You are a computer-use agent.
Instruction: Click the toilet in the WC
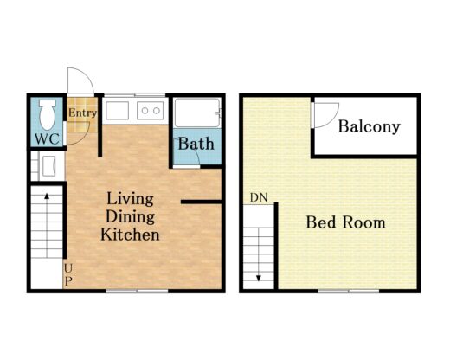coord(48,114)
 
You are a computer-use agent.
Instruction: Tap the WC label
coord(48,139)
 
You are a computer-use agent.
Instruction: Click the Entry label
coord(82,112)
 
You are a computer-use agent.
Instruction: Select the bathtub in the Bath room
coord(197,112)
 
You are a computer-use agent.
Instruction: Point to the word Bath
coord(196,144)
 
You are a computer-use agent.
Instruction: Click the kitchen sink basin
coord(117,111)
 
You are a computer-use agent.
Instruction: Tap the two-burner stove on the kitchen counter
coord(150,111)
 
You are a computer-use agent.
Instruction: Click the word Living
coord(130,199)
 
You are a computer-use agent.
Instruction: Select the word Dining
coord(131,217)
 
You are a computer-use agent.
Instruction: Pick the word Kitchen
coord(130,235)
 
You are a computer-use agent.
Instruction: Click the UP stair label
coord(68,274)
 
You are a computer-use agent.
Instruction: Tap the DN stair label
coord(259,197)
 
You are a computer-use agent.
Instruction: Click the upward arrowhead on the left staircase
coord(47,196)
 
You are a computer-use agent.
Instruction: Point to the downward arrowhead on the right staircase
coord(259,279)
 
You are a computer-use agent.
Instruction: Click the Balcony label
coord(370,126)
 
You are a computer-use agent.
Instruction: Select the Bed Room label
coord(345,222)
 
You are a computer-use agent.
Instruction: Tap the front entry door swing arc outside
coord(86,75)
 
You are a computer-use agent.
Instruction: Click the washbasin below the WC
coord(48,166)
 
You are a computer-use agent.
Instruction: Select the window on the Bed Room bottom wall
coord(349,291)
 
